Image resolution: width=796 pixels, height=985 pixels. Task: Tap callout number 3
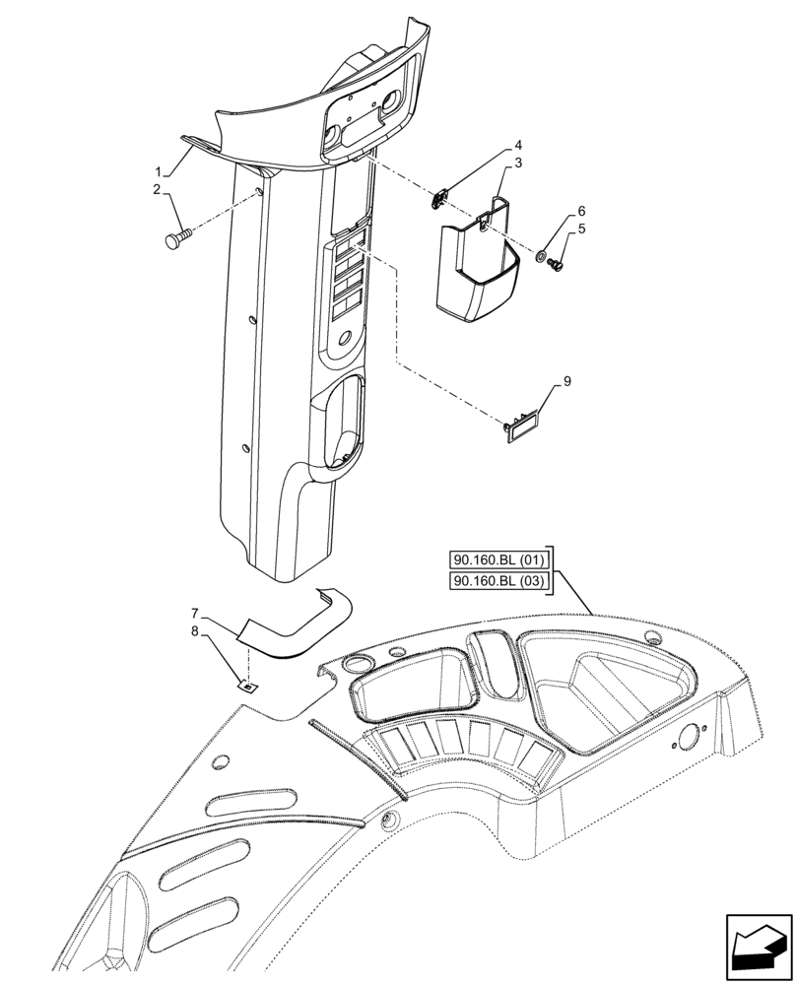pyautogui.click(x=517, y=164)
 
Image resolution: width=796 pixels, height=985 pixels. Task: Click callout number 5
pyautogui.click(x=582, y=228)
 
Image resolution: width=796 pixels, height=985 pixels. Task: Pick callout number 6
pyautogui.click(x=582, y=212)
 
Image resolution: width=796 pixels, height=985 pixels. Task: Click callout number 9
pyautogui.click(x=565, y=380)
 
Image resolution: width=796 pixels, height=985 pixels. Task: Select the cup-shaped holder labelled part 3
pyautogui.click(x=475, y=269)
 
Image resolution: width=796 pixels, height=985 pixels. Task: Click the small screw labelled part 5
pyautogui.click(x=557, y=264)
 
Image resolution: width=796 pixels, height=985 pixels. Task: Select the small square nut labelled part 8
pyautogui.click(x=248, y=686)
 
